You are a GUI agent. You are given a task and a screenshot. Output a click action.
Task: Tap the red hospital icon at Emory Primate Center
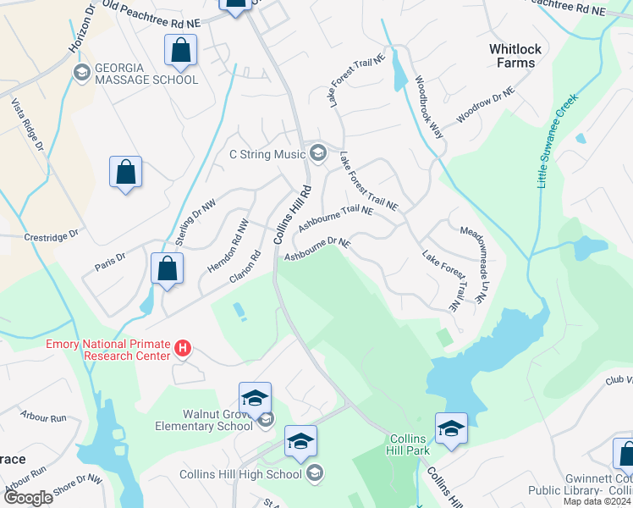tap(181, 347)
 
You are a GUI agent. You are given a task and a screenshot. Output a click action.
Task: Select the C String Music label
tap(267, 154)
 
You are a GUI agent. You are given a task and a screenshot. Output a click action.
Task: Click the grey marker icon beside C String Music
tap(318, 153)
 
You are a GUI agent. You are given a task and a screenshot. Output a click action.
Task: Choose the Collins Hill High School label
tap(240, 474)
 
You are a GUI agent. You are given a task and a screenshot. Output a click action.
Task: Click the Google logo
tap(28, 497)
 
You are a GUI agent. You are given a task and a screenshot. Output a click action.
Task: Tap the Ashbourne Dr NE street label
tap(317, 249)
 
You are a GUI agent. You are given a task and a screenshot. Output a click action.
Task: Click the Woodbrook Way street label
tap(429, 108)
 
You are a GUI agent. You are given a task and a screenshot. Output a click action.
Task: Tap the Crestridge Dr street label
tap(51, 234)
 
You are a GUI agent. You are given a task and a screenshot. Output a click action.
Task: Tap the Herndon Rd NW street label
tap(228, 246)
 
